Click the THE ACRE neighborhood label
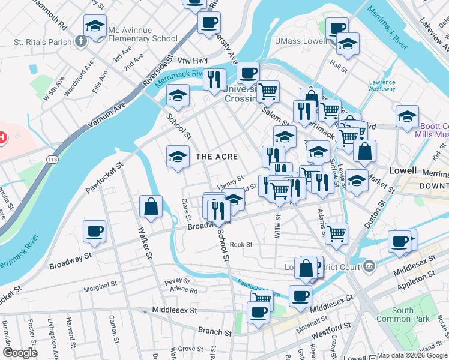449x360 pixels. tap(217, 157)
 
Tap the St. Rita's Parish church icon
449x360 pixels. tap(82, 42)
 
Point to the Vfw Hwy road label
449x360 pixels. tap(192, 61)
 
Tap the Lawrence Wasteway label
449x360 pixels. tap(382, 85)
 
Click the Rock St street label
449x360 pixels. tap(241, 245)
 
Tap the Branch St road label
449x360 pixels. tap(214, 332)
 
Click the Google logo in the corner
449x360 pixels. tap(20, 353)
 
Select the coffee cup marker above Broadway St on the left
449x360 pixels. tap(95, 231)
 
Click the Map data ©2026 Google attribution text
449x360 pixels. tap(412, 355)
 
